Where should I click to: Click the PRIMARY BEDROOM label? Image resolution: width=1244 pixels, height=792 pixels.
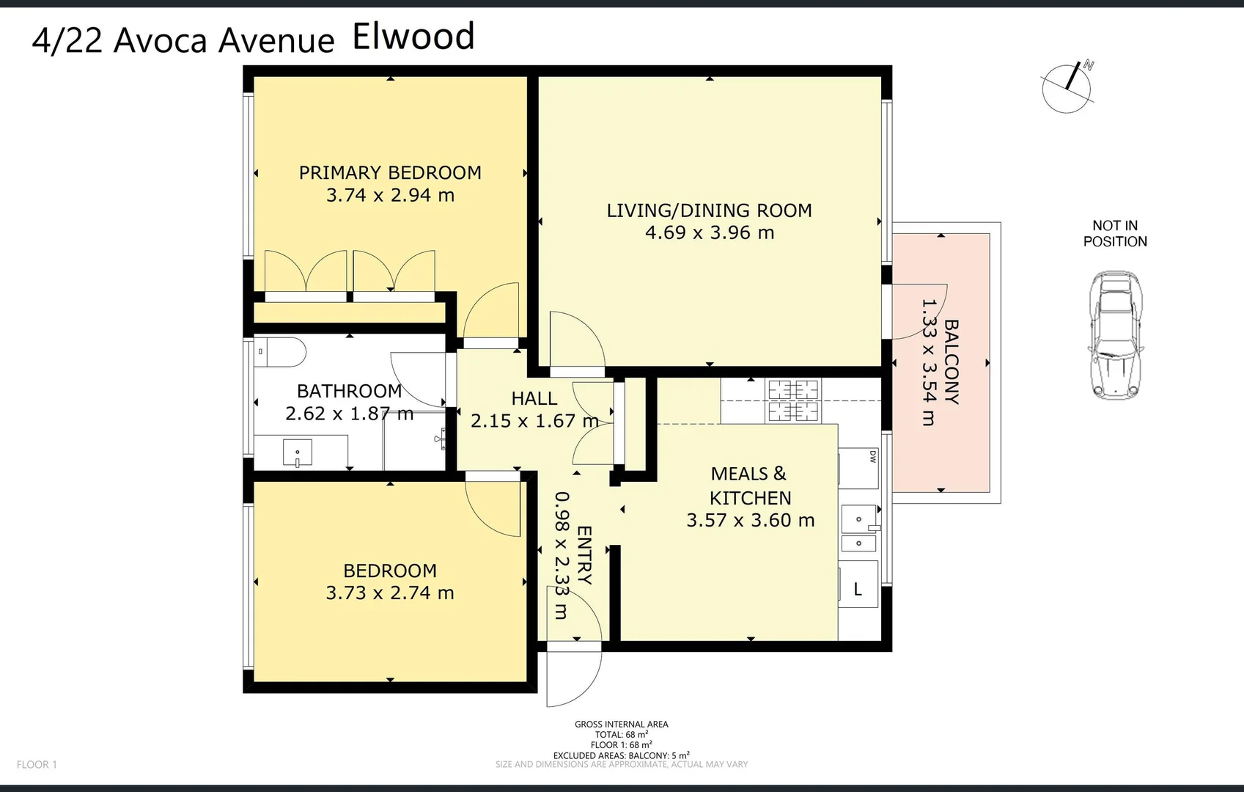tap(390, 173)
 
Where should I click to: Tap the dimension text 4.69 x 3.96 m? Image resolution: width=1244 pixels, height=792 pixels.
tap(710, 232)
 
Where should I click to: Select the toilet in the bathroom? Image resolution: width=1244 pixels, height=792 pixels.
tap(281, 352)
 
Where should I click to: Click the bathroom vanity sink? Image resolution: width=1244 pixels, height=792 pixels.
tap(297, 452)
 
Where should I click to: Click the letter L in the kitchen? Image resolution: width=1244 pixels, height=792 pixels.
tap(858, 589)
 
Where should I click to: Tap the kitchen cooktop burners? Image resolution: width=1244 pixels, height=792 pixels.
tap(794, 400)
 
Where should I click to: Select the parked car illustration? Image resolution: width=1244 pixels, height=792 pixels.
tap(1116, 335)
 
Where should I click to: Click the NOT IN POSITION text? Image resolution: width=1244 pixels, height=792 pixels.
tap(1115, 233)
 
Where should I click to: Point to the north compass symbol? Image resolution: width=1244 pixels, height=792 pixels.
tap(1067, 87)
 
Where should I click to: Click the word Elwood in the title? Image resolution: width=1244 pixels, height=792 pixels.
tap(413, 37)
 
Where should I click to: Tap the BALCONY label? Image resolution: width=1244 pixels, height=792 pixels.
tap(951, 361)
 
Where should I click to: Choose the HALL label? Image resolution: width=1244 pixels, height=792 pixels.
tap(534, 398)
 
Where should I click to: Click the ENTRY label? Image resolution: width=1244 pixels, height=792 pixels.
tap(584, 555)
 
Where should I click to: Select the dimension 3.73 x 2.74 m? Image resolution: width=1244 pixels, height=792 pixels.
tap(390, 593)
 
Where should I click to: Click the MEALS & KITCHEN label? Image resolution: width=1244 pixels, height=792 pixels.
tap(750, 485)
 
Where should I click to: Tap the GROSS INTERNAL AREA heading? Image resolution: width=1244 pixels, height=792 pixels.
tap(621, 725)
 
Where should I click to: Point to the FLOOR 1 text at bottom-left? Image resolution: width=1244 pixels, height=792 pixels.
tap(37, 764)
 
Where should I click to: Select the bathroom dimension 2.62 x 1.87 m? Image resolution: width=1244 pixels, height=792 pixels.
tap(349, 414)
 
